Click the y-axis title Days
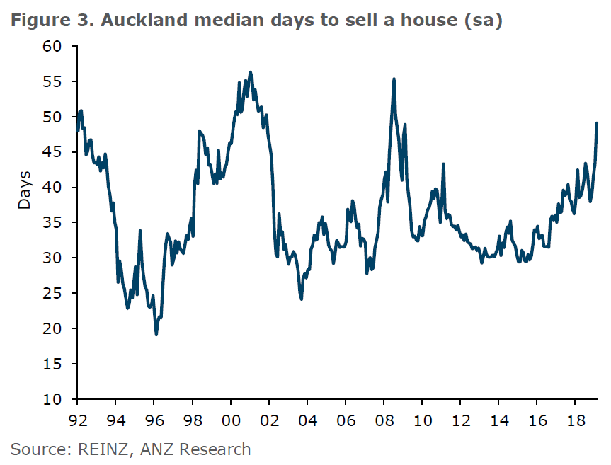point(25,189)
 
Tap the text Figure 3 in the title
point(52,21)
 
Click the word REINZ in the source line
point(95,449)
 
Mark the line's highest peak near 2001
point(251,72)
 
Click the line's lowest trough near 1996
point(156,334)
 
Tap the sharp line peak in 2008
point(394,79)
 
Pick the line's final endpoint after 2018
point(597,124)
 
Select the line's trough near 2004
point(302,299)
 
